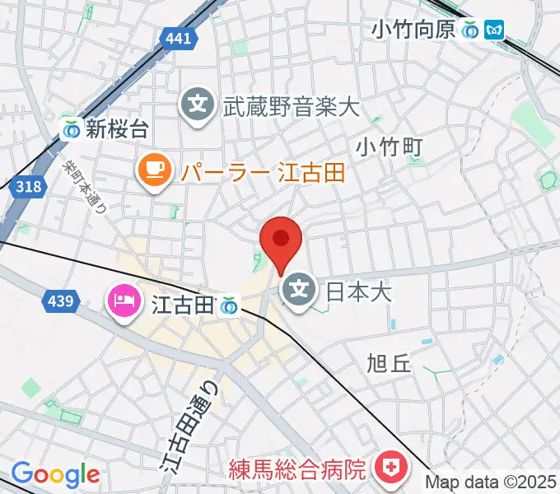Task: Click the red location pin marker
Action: pyautogui.click(x=281, y=240)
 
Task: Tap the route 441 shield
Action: pyautogui.click(x=177, y=38)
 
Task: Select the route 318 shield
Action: pyautogui.click(x=28, y=187)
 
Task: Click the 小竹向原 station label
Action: pyautogui.click(x=413, y=30)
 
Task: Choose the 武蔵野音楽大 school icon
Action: pyautogui.click(x=198, y=105)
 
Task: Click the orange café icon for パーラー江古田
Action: pyautogui.click(x=154, y=171)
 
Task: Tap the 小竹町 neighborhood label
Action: pyautogui.click(x=390, y=147)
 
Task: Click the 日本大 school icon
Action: pyautogui.click(x=300, y=290)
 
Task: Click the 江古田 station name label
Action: pyautogui.click(x=183, y=305)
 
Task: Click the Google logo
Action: pyautogui.click(x=55, y=475)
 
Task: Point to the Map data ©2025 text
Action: pyautogui.click(x=491, y=482)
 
